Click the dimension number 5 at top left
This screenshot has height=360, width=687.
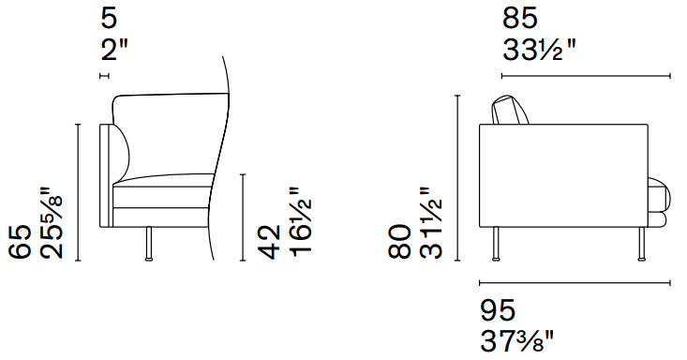(109, 19)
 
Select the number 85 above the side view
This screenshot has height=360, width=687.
(519, 19)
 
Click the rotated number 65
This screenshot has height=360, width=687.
(21, 241)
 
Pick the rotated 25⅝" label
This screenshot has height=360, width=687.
(52, 223)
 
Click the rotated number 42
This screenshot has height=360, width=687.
(269, 242)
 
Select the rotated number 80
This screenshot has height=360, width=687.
(399, 241)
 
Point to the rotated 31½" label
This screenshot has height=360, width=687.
(431, 223)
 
